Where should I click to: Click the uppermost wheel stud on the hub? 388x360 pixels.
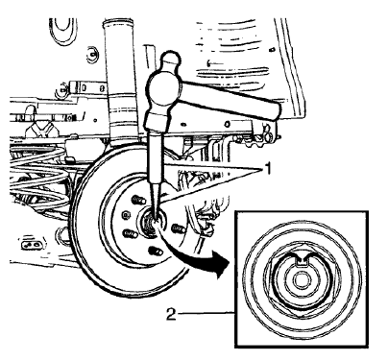pyautogui.click(x=136, y=198)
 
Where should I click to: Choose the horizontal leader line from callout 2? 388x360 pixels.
pyautogui.click(x=203, y=312)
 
